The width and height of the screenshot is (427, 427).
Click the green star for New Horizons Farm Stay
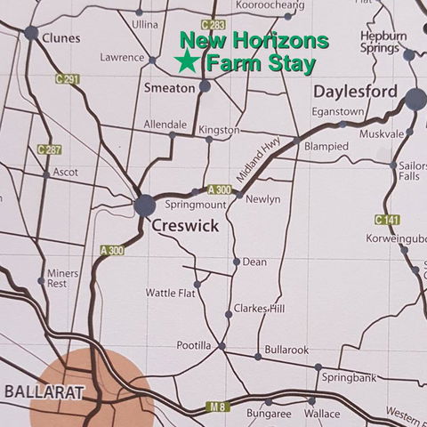coord(186,62)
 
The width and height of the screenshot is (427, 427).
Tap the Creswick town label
coord(184,227)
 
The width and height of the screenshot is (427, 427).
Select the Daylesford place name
coord(357,92)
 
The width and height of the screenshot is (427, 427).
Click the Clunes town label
coord(60,38)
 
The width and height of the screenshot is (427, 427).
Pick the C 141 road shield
coord(386,219)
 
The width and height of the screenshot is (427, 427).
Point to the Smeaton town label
coord(168,88)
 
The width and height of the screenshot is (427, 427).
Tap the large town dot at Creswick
coord(144,205)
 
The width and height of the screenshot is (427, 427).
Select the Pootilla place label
coord(195,345)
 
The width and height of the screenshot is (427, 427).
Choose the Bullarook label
coord(286,350)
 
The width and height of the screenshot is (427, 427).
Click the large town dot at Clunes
coord(31,34)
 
